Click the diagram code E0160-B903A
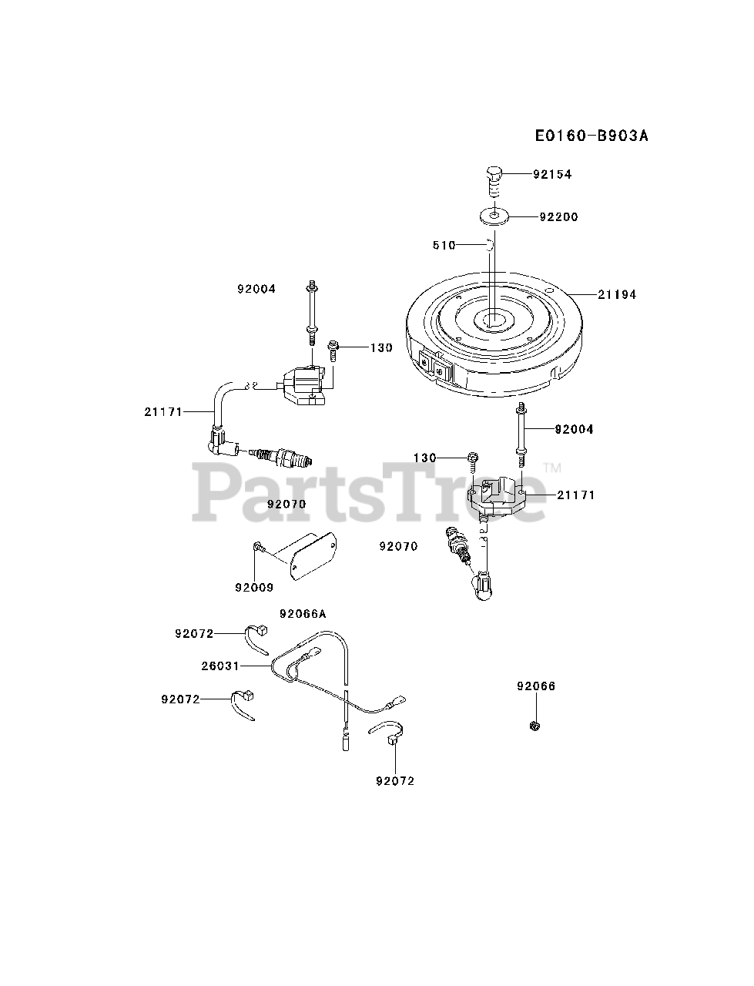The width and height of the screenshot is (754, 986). [x=592, y=136]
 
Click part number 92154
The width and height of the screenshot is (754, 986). [x=552, y=175]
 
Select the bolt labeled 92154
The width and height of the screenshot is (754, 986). [x=494, y=180]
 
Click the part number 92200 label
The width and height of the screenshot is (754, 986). [x=558, y=217]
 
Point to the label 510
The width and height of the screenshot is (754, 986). [x=444, y=246]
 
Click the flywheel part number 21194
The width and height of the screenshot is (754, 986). [x=617, y=294]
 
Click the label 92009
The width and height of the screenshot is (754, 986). [x=254, y=588]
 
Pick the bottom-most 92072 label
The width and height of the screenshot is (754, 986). [x=395, y=781]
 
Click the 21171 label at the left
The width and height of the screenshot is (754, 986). [x=163, y=412]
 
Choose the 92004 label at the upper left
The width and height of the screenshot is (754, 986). [x=256, y=290]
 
